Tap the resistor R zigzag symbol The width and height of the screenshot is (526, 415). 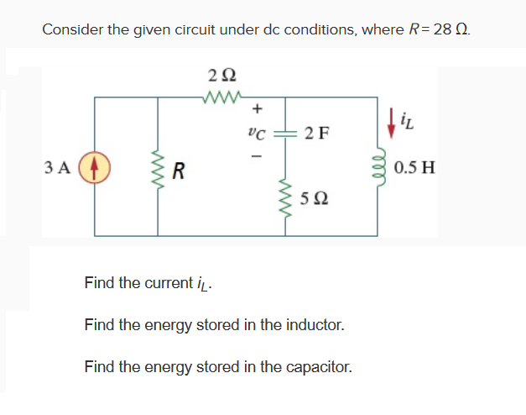tap(157, 165)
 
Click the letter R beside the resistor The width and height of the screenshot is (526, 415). tap(178, 172)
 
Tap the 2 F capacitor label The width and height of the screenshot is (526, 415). tap(317, 133)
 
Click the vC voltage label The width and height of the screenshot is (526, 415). tap(257, 132)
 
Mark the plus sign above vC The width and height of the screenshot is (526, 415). tap(258, 108)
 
